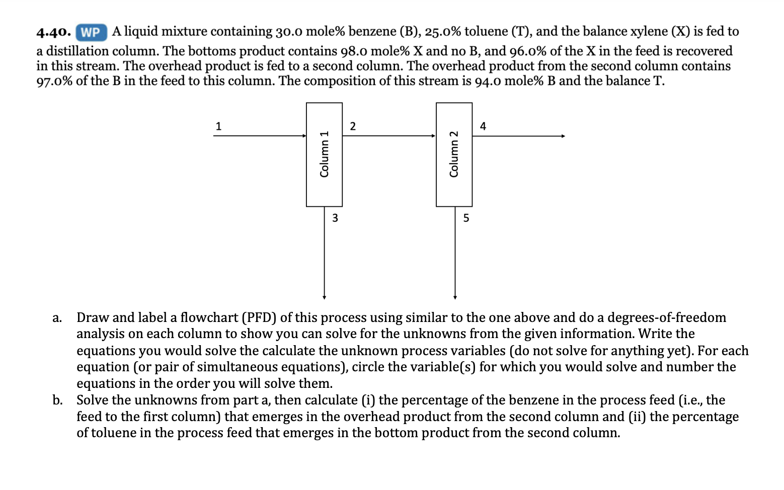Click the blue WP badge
pos(91,33)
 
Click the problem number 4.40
pos(53,33)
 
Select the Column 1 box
pos(324,154)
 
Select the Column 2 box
pos(454,154)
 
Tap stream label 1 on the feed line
pos(218,126)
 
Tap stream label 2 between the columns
pos(353,126)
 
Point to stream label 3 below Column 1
pos(335,218)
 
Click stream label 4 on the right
pos(483,126)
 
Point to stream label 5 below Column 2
pos(466,218)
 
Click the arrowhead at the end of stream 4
pos(563,136)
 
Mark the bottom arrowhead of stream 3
pos(324,297)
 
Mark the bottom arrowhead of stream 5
pos(455,297)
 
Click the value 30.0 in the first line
pos(289,32)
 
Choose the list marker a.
pos(57,318)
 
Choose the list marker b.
pos(57,400)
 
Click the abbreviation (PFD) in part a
pos(259,318)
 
